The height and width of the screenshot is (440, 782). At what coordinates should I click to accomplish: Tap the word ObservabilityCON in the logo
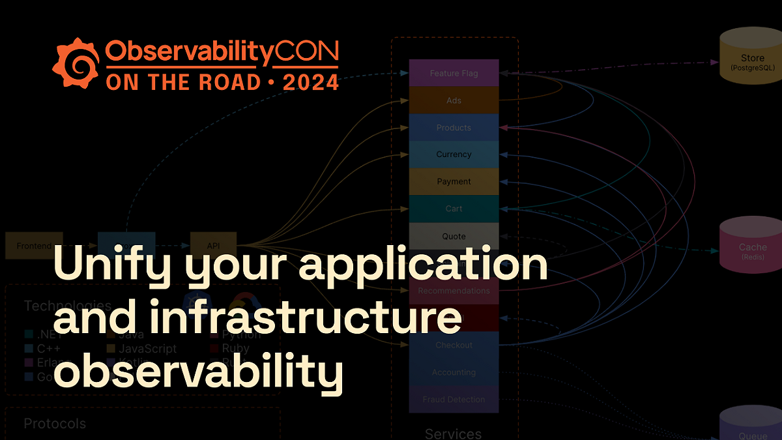[222, 53]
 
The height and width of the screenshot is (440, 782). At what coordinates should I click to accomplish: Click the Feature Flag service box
[454, 74]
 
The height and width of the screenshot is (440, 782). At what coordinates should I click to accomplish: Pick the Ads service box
[454, 101]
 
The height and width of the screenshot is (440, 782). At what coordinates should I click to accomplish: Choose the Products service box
[454, 128]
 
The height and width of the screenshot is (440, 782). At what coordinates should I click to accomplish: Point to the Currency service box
[454, 154]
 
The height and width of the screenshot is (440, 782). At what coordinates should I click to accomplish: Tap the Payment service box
[454, 182]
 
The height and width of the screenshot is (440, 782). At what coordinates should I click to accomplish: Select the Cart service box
[454, 209]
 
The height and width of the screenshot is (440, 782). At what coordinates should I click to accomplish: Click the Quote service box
[454, 236]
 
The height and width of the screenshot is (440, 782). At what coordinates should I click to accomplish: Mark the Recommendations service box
[454, 291]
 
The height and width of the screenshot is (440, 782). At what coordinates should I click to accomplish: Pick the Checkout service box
[454, 345]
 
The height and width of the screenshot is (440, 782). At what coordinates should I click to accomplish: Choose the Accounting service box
[454, 372]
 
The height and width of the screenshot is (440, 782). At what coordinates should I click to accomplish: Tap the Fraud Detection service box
[454, 399]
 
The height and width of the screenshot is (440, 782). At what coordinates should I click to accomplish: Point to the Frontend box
[34, 246]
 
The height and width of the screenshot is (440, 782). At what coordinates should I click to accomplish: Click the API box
[213, 246]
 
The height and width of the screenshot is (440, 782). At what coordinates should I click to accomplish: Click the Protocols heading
[55, 424]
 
